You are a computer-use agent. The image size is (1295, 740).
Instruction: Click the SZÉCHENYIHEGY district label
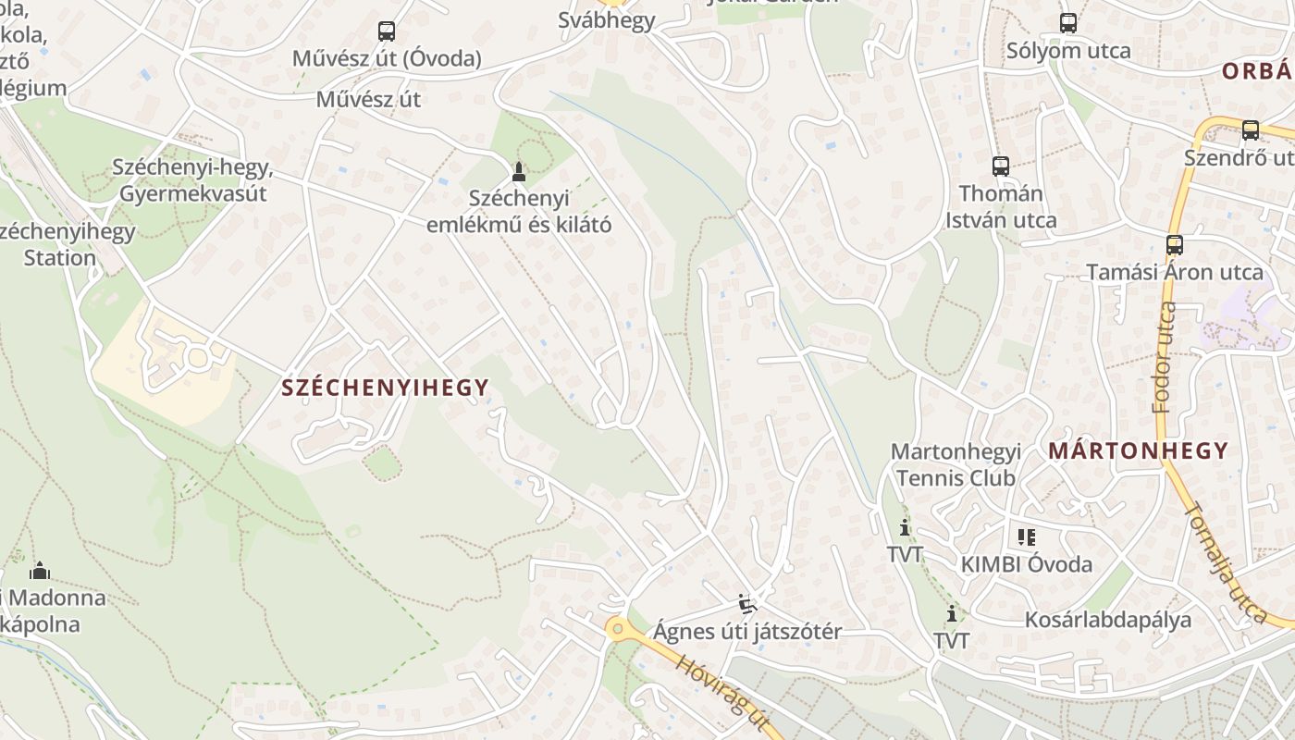385,388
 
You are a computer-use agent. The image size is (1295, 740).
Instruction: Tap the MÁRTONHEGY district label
1139,451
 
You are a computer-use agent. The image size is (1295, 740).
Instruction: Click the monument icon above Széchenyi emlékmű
518,172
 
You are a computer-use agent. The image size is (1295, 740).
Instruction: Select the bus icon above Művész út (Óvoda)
387,31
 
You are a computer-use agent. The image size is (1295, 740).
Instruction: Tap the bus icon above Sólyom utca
1068,23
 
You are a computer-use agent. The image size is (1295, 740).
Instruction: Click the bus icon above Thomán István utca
1001,166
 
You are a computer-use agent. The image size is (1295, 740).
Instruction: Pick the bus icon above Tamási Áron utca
1175,245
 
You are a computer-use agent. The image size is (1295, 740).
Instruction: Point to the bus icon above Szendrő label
1251,130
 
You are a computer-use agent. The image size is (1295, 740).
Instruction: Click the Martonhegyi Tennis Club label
956,465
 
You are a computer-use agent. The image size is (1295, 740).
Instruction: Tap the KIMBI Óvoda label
1027,564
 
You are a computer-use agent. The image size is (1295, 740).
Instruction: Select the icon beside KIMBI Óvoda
1026,536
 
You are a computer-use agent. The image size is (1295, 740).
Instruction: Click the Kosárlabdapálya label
1108,620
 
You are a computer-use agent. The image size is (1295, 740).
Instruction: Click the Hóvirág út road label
722,694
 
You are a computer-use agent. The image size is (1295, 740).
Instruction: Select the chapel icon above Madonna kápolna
40,571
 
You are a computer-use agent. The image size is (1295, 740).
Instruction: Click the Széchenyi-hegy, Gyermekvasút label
192,180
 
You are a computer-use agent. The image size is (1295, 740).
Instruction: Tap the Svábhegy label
607,20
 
